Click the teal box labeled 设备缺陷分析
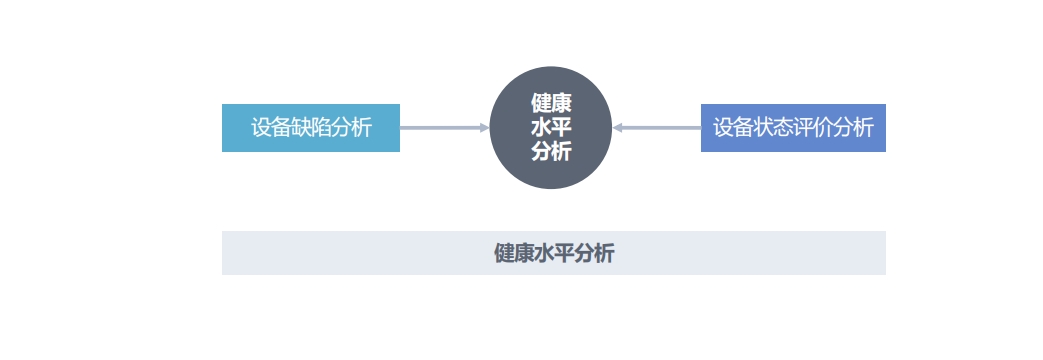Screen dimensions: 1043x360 311,128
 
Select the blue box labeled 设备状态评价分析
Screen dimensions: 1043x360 793,128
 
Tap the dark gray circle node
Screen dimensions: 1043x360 551,128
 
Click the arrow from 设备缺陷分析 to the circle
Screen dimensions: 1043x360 444,128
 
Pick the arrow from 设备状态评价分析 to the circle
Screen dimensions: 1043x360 657,128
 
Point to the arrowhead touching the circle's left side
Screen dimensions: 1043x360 485,128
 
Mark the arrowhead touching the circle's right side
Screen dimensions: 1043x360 617,128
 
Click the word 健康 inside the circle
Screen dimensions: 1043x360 551,103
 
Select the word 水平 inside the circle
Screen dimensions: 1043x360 551,127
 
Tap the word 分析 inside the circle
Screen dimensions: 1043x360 551,152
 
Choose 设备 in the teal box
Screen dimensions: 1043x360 271,127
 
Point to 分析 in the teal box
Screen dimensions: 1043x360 352,127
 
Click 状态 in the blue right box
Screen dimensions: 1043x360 773,127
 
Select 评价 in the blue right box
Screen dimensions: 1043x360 813,127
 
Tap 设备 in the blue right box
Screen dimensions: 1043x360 733,127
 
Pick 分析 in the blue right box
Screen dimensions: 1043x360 853,127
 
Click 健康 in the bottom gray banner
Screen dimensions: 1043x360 514,254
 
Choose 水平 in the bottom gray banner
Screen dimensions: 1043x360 553,254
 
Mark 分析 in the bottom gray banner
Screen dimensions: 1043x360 594,254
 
